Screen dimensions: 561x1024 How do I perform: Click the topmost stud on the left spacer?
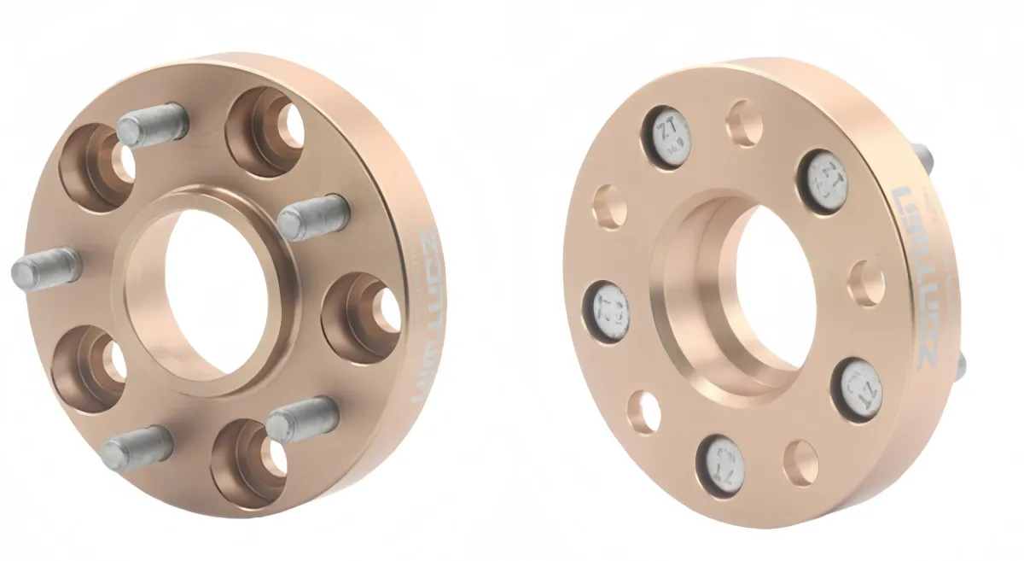click(x=152, y=125)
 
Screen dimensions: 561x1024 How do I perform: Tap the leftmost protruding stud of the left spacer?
click(x=45, y=268)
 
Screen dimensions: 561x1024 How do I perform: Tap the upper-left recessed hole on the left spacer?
click(x=96, y=167)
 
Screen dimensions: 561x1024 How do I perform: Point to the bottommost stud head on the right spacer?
click(x=722, y=465)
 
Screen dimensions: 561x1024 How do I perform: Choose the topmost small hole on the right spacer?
click(x=744, y=122)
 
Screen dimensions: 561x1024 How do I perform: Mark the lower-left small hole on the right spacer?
click(x=643, y=411)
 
